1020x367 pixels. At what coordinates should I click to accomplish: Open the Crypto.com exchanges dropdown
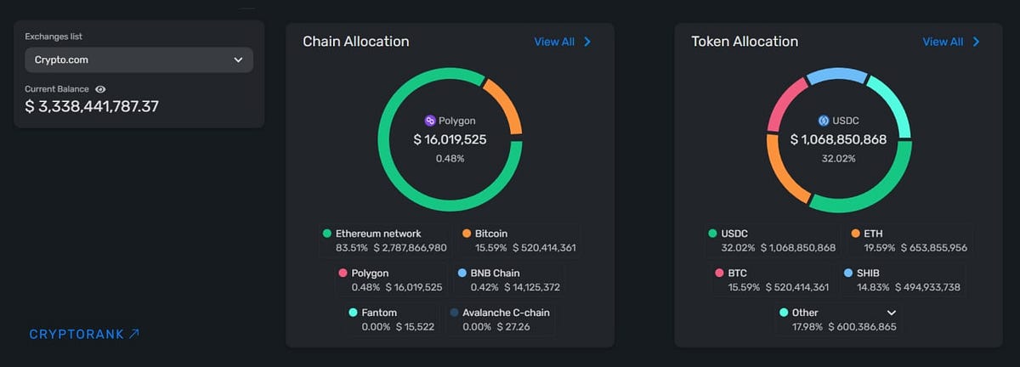coord(139,60)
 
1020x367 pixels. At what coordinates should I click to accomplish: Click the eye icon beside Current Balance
coord(100,89)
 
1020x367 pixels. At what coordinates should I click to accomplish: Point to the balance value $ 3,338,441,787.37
coord(91,106)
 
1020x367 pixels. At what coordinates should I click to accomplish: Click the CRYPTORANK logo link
coord(84,334)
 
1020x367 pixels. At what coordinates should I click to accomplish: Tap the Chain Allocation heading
coord(355,42)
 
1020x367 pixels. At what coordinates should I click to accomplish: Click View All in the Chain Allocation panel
coord(562,42)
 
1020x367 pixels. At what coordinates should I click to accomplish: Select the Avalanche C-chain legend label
coord(505,313)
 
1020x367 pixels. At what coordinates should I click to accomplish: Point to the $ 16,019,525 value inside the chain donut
coord(450,139)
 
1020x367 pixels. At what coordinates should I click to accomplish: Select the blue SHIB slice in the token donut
coord(836,77)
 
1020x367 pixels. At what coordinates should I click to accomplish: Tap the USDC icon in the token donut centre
coord(823,121)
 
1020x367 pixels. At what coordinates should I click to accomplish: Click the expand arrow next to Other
coord(892,313)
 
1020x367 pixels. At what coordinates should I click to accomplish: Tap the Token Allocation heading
coord(745,42)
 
